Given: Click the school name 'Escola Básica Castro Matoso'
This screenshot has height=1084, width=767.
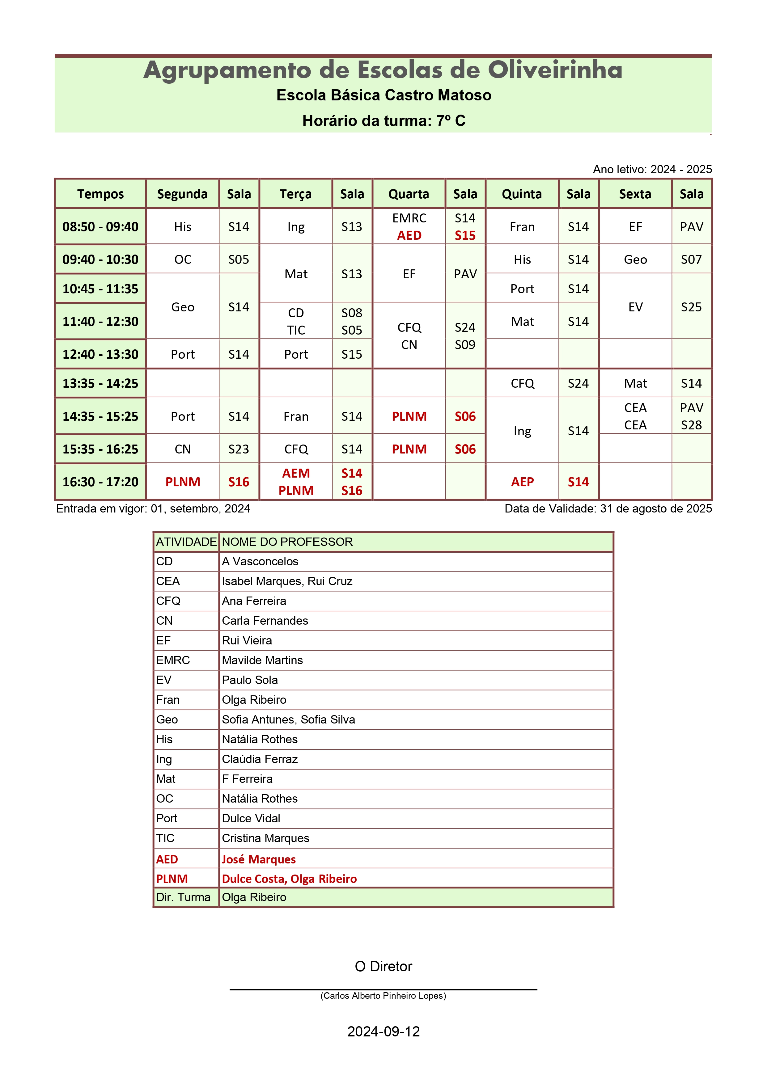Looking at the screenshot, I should tap(383, 95).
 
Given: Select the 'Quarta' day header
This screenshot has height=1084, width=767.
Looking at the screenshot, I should tap(409, 194).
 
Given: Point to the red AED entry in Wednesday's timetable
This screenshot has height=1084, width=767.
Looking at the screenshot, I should tap(409, 236).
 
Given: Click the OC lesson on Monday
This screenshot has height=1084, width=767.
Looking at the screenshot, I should tap(183, 260).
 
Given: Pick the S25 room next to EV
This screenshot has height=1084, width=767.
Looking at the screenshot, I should tap(691, 307).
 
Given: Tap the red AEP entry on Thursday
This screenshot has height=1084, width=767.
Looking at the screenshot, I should tap(522, 482).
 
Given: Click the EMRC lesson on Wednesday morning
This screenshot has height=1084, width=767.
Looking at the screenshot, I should tap(409, 218).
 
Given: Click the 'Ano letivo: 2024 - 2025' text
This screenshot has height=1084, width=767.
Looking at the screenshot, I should tap(652, 170).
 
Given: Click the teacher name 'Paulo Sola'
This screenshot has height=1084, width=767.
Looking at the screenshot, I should tap(250, 680).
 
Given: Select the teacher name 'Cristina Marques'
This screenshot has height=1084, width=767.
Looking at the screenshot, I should tap(265, 838).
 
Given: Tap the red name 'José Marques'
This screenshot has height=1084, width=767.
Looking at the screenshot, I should tap(259, 859).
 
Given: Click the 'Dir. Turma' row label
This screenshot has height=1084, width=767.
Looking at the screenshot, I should tap(183, 897).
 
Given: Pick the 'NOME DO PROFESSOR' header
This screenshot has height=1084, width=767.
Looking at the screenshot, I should tap(287, 542).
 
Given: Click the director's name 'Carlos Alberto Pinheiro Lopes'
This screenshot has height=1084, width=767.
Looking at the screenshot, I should tap(383, 996).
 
